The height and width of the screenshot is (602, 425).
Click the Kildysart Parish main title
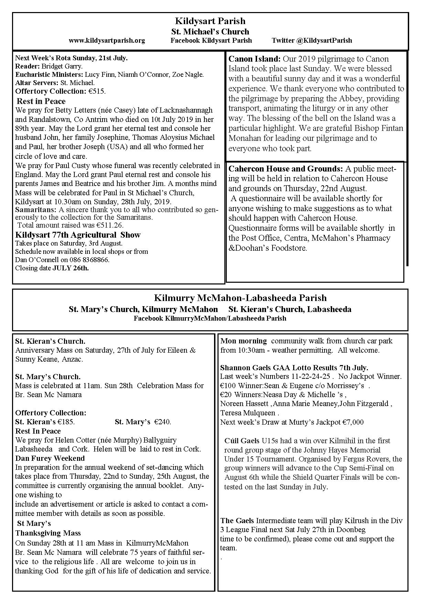point(210,21)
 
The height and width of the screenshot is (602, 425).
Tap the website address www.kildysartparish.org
point(107,41)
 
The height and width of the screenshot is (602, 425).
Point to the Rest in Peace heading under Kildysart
point(41,101)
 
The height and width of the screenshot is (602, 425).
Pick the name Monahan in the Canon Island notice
point(244,138)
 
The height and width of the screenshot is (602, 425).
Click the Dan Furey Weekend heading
point(50,458)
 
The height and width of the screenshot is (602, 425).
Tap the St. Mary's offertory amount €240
point(162,422)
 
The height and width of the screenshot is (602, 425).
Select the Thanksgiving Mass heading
point(48,533)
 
